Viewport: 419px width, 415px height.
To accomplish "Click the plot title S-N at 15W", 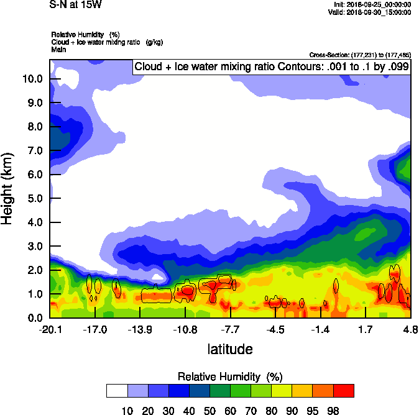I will tap(74, 5).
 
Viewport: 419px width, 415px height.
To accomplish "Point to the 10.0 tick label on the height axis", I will tap(32, 79).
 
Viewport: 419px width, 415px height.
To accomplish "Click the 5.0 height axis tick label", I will tap(34, 198).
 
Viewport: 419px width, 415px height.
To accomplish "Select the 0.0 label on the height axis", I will tap(34, 318).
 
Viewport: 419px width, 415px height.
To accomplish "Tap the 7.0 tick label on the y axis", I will tap(34, 150).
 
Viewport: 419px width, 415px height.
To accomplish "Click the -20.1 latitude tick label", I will tap(50, 329).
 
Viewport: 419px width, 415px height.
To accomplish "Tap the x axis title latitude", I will tap(230, 349).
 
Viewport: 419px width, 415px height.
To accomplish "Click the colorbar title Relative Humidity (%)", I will tap(230, 376).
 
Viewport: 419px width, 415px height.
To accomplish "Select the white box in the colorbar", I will tap(117, 391).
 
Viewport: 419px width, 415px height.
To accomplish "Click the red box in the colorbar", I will tap(344, 391).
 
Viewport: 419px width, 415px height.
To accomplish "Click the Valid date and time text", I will tap(371, 11).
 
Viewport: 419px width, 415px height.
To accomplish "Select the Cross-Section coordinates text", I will tap(359, 55).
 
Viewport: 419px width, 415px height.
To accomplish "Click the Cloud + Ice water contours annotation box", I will tap(271, 66).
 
